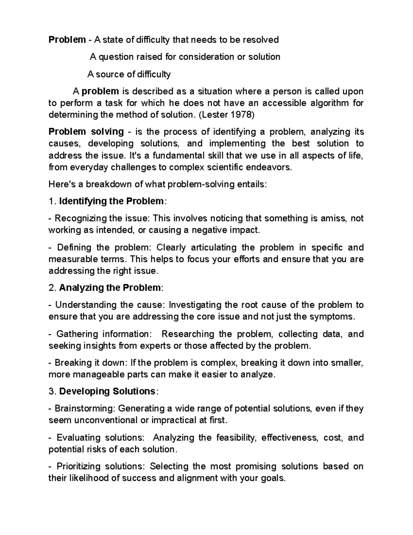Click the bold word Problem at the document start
coord(67,40)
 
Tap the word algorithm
coord(332,103)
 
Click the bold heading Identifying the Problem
coord(112,201)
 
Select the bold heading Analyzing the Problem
coord(110,288)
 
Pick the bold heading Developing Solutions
coord(107,391)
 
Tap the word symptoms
coord(332,317)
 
